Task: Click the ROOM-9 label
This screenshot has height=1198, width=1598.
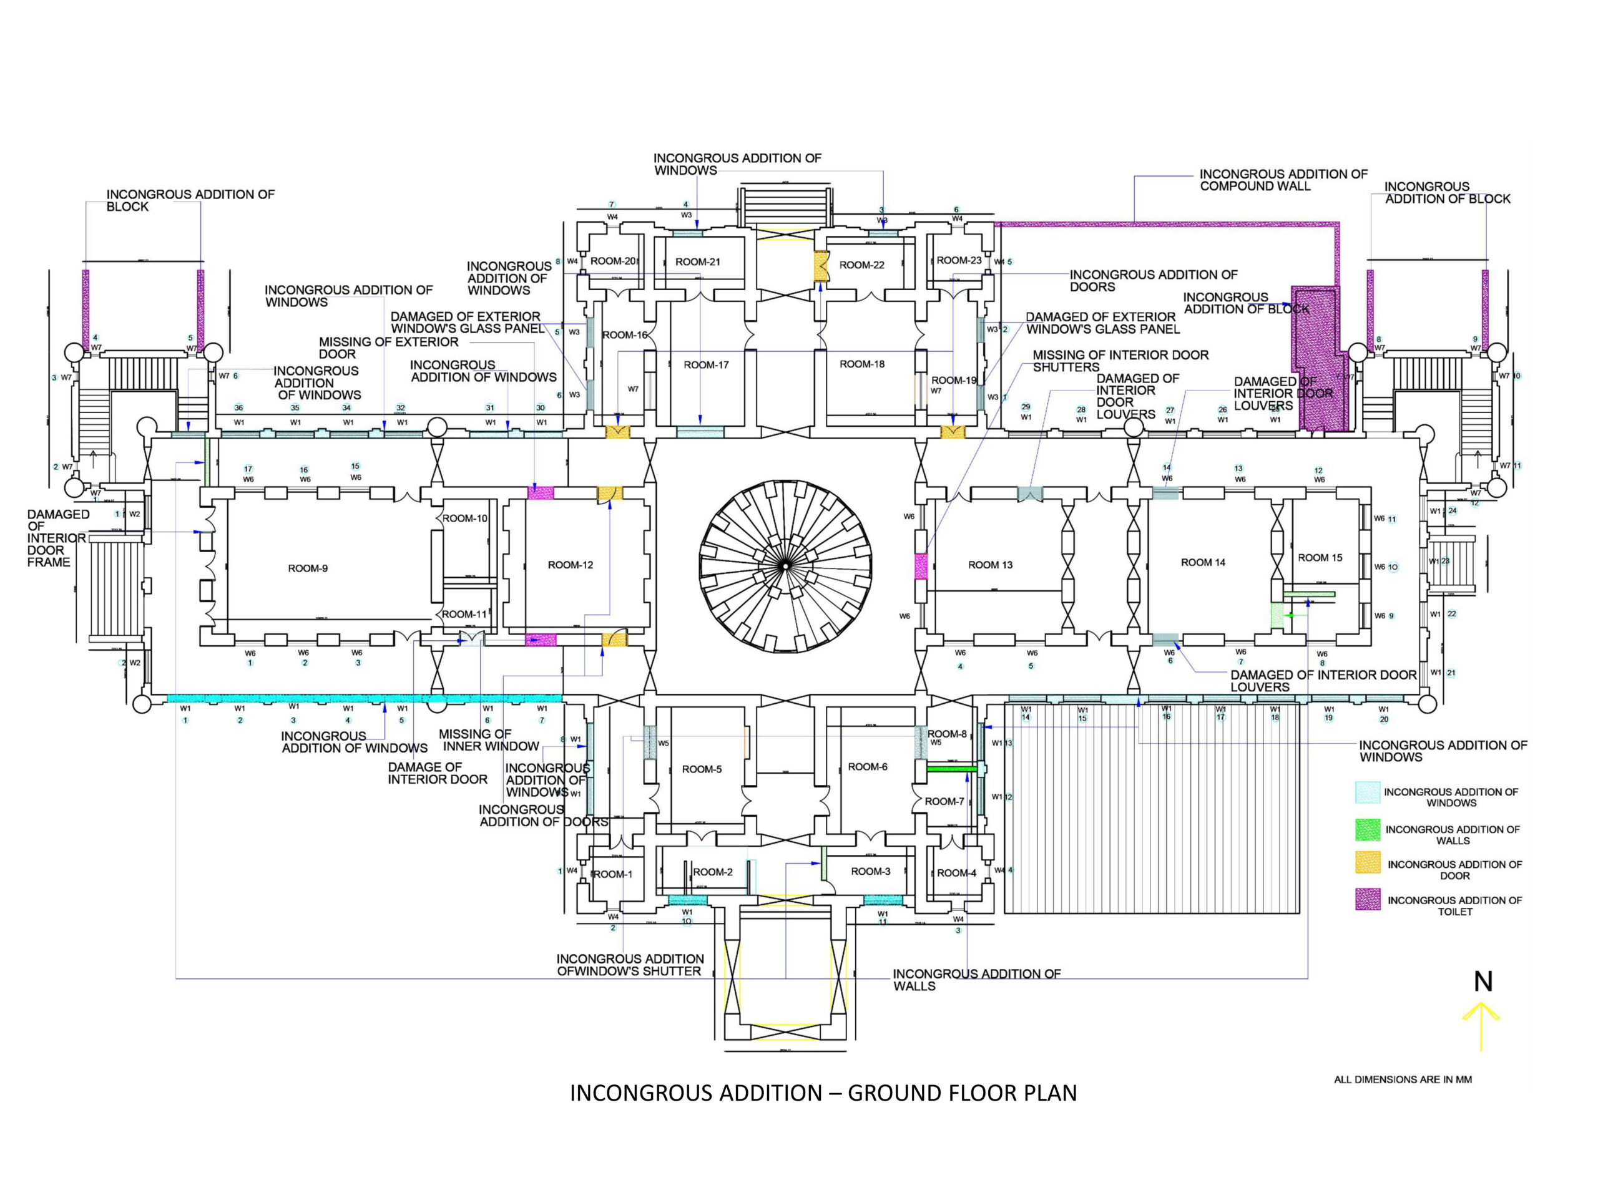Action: [308, 568]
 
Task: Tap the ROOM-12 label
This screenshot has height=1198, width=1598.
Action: [570, 565]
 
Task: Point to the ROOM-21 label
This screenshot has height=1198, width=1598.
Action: [698, 261]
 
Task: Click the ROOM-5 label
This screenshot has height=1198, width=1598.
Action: [702, 769]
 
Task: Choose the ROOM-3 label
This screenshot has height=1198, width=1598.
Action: [871, 871]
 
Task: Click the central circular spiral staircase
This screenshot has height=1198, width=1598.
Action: [786, 567]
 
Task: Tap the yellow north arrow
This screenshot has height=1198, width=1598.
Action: [1481, 1025]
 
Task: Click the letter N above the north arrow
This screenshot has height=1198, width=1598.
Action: [1483, 981]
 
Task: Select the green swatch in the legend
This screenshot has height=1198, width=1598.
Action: [1368, 830]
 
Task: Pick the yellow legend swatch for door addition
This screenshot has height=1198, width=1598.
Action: [1368, 863]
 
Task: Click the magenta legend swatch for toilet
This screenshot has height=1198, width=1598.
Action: [1368, 899]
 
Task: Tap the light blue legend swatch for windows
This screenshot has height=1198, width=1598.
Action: [1368, 792]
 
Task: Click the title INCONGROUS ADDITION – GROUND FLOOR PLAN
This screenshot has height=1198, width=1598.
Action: [823, 1093]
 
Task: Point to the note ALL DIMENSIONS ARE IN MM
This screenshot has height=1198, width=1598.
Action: [1402, 1079]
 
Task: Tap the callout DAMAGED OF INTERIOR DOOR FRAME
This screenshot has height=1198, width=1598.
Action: [58, 538]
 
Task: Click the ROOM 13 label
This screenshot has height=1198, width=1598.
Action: [990, 565]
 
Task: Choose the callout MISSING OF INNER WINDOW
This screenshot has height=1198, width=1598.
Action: [490, 740]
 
